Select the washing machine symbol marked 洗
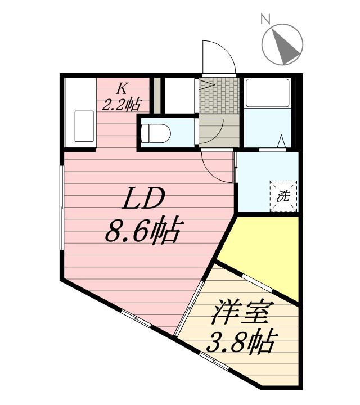283,196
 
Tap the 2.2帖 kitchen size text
121,103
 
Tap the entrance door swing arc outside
218,56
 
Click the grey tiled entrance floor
219,96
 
